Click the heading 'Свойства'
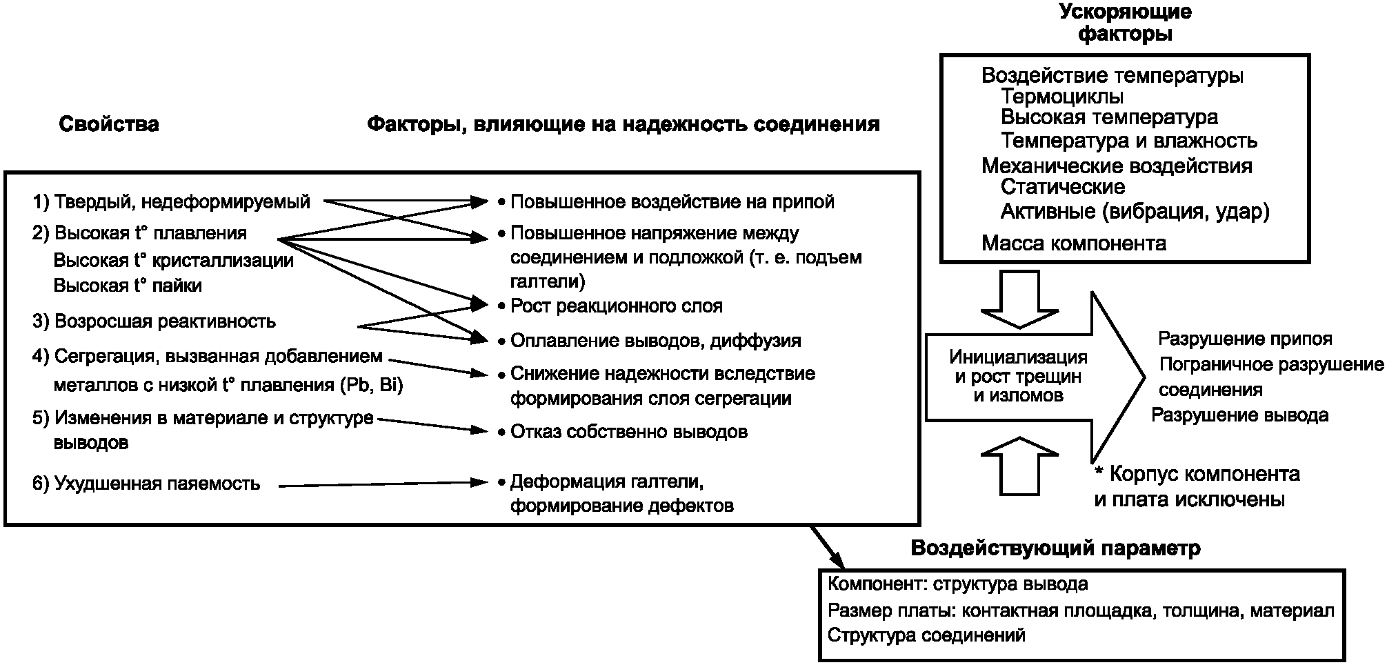pos(109,124)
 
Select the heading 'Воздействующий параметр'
pos(1056,548)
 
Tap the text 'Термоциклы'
pos(1062,96)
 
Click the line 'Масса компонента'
pos(1074,244)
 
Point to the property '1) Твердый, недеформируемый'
pos(172,202)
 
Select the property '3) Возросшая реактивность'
pos(154,321)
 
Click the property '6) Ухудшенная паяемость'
pos(146,484)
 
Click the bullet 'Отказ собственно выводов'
pos(623,432)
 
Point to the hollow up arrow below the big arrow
pos(1019,465)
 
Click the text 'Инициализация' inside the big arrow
pos(1019,357)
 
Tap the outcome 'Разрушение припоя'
pos(1245,339)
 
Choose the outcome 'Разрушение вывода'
pos(1240,415)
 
